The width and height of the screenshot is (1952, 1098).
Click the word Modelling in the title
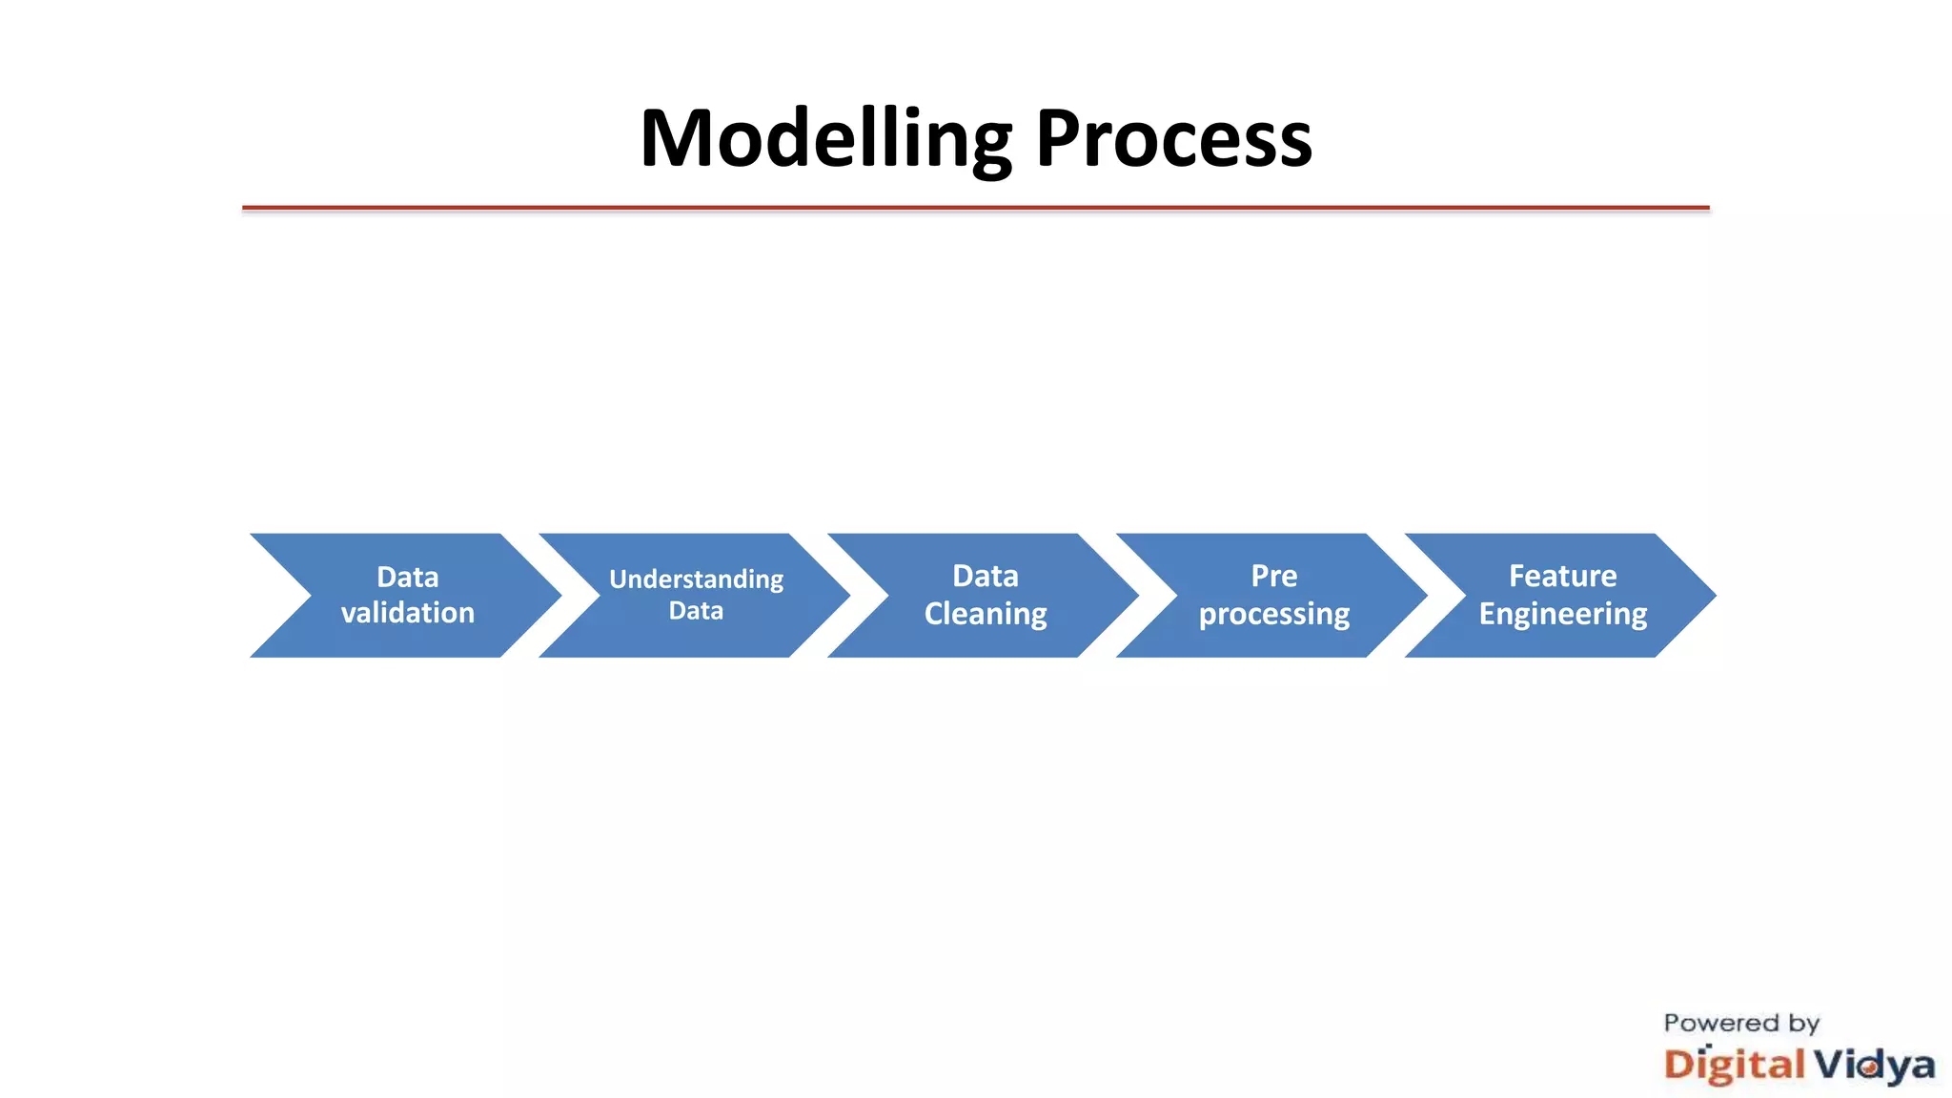[825, 139]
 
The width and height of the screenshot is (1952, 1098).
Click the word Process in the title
[1173, 139]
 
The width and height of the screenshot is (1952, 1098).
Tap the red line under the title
[975, 207]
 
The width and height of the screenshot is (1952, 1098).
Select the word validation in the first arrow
[408, 613]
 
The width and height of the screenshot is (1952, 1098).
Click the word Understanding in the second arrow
[696, 579]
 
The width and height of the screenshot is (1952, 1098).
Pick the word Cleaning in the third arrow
[986, 614]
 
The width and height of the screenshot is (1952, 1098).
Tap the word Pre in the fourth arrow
[1273, 576]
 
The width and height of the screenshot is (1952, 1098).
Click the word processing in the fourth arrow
[1273, 614]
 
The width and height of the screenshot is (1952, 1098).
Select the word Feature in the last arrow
[1562, 576]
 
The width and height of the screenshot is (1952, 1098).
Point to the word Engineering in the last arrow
[1562, 614]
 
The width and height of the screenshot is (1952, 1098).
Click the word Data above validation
[408, 577]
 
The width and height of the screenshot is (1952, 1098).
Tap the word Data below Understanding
[696, 611]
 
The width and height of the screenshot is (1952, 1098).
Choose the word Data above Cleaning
[986, 576]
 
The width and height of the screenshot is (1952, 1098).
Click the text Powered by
[1741, 1023]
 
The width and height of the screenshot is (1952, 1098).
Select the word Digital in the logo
[1734, 1065]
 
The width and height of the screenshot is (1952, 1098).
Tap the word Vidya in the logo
[1874, 1065]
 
